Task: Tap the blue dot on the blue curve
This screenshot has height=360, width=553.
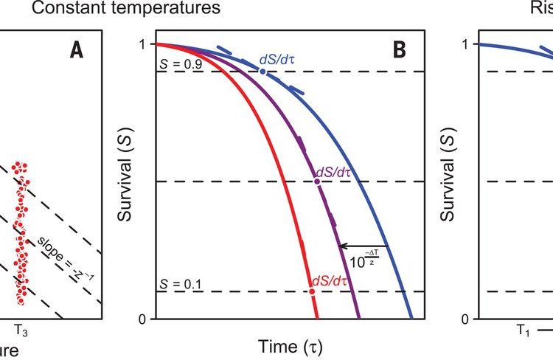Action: pyautogui.click(x=262, y=72)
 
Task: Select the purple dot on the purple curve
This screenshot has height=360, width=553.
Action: pyautogui.click(x=317, y=181)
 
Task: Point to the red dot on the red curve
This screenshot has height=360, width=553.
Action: pyautogui.click(x=312, y=291)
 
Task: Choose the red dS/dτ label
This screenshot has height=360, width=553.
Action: pyautogui.click(x=330, y=280)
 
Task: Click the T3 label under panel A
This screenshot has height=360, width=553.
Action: pyautogui.click(x=22, y=333)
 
